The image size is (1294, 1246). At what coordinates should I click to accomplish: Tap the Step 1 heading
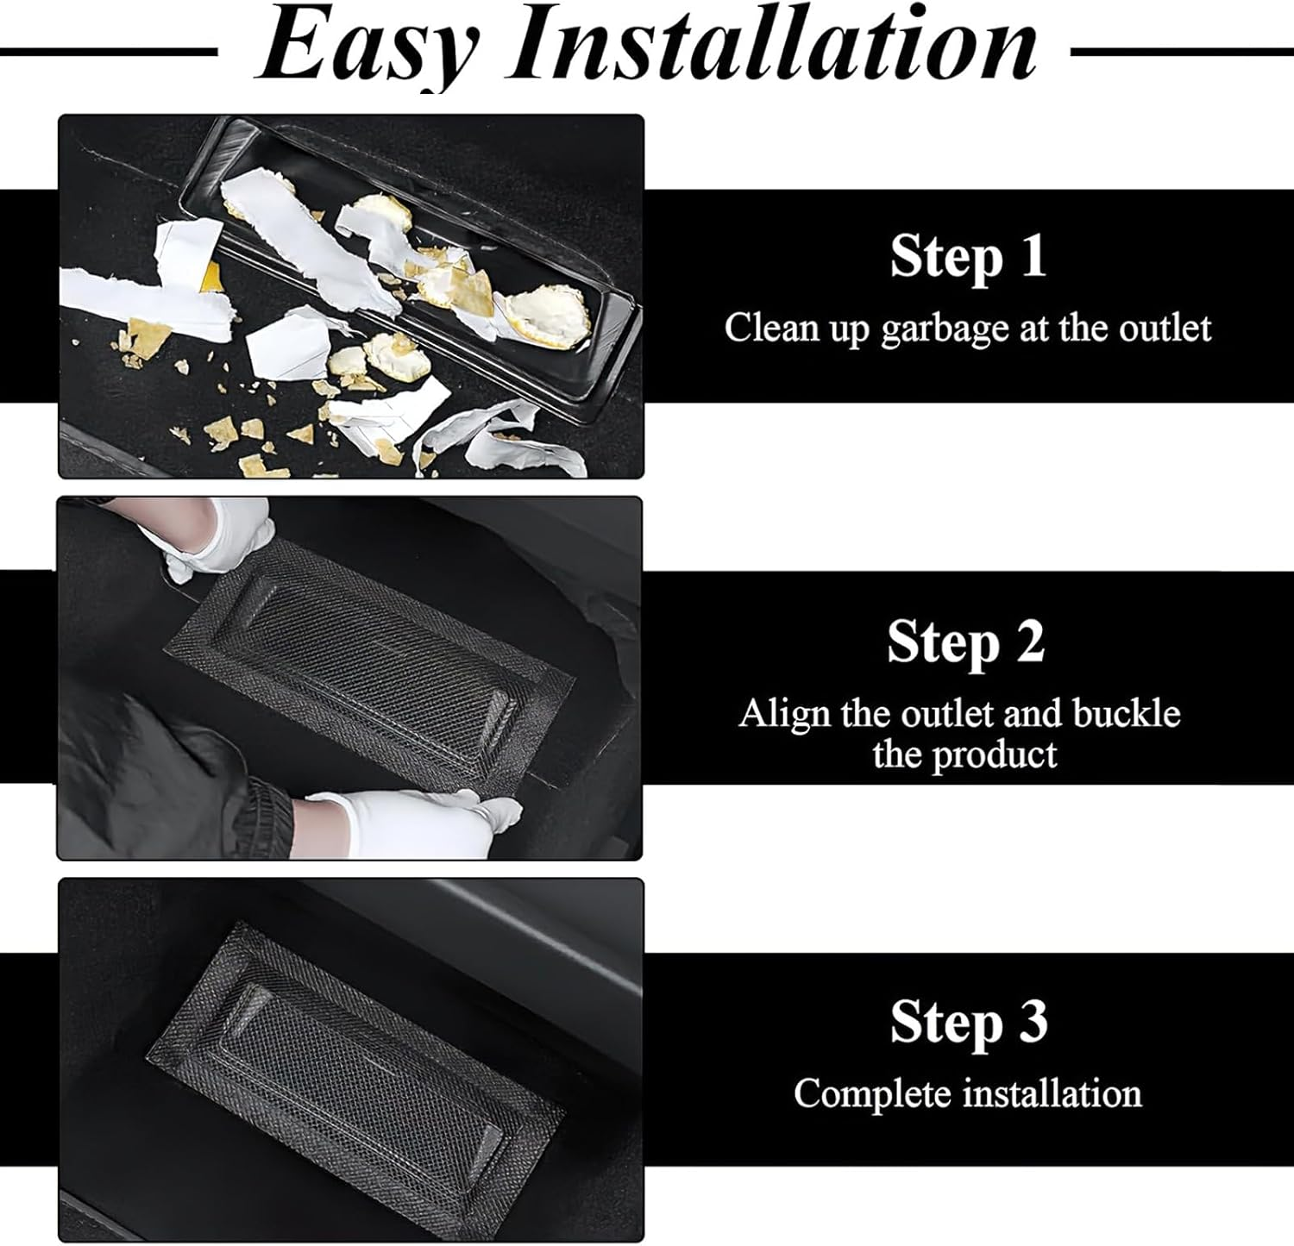click(968, 257)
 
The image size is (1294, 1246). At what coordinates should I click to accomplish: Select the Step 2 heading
click(966, 642)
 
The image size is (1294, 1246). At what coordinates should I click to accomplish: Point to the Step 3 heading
click(969, 1022)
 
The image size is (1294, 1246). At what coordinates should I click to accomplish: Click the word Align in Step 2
click(772, 715)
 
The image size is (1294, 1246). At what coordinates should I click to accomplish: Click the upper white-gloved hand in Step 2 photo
click(211, 540)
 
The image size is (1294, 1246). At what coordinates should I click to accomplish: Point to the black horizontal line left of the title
click(108, 53)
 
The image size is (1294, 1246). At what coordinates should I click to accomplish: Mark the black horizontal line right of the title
click(1182, 53)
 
